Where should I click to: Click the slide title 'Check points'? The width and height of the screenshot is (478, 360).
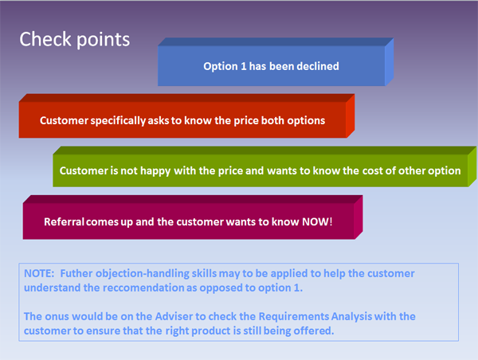[74, 39]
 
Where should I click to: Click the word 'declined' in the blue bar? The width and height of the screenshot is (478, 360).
[317, 66]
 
